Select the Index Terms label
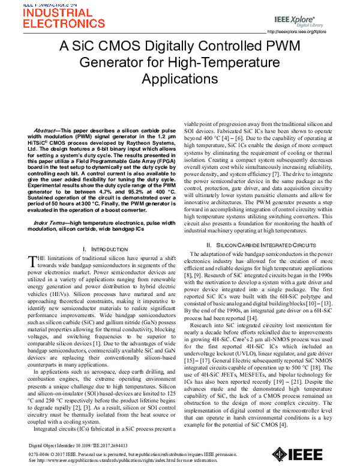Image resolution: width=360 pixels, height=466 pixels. pyautogui.click(x=48, y=222)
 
